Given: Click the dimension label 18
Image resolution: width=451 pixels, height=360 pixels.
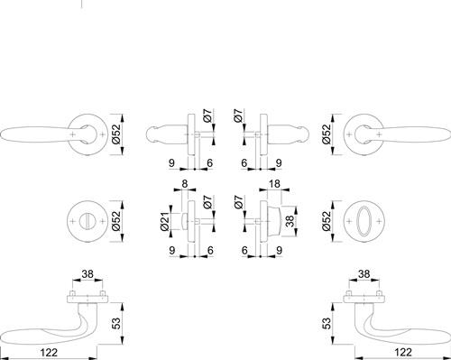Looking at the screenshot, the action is pyautogui.click(x=274, y=183).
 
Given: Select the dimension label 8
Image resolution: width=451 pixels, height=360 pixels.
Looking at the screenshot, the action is pyautogui.click(x=185, y=183).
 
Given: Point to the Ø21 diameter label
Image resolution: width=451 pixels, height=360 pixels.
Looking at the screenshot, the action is pyautogui.click(x=165, y=221).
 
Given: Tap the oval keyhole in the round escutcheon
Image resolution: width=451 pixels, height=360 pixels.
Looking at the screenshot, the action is pyautogui.click(x=364, y=221).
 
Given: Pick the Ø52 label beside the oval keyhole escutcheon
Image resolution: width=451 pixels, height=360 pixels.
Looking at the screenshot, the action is pyautogui.click(x=327, y=221).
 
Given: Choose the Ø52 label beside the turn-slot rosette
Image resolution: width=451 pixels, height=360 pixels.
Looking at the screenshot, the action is pyautogui.click(x=116, y=221).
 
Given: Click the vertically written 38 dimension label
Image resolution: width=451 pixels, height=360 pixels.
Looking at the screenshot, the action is pyautogui.click(x=289, y=221).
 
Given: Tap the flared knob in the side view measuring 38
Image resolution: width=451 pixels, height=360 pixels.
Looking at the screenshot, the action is pyautogui.click(x=274, y=221).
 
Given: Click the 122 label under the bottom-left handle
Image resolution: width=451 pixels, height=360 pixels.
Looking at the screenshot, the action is pyautogui.click(x=49, y=352).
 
